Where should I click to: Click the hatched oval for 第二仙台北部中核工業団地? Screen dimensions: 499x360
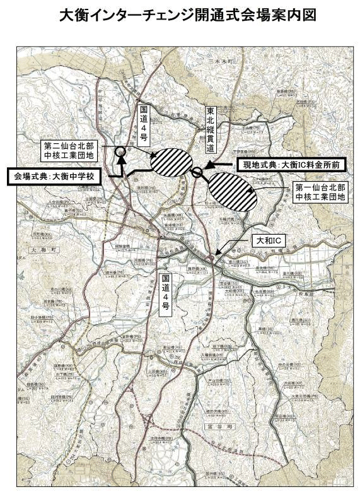171,161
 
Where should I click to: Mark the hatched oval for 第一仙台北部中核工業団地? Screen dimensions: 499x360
233,191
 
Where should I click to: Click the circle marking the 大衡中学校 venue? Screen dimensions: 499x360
120,151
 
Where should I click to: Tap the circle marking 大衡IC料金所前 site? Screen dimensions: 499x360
197,172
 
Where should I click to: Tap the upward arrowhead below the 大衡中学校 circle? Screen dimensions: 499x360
120,160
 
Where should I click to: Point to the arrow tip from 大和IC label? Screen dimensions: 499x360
217,256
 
